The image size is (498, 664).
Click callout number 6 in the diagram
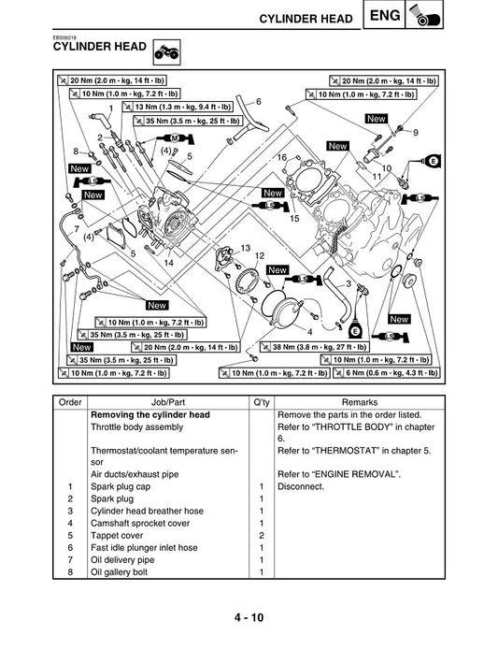(258, 101)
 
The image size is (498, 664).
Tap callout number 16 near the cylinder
(282, 158)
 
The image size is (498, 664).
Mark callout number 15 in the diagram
(293, 219)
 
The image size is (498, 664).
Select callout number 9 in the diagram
(415, 132)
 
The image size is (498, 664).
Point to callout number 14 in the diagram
(168, 264)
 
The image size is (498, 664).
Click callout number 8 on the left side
(76, 151)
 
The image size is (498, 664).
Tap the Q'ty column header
(261, 400)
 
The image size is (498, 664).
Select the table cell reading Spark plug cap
(121, 486)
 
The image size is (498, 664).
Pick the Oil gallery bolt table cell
(120, 571)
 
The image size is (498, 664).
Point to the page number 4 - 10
(249, 619)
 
